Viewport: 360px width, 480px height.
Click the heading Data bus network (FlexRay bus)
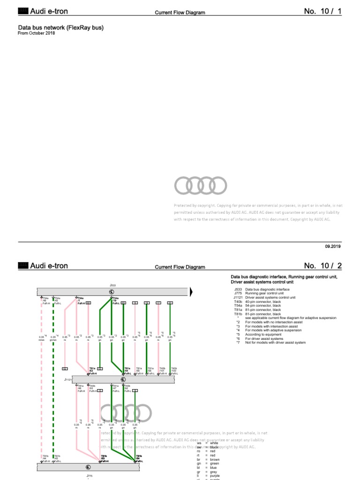tap(60, 28)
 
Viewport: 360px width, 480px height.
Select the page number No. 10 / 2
tap(323, 266)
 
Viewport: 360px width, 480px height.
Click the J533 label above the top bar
tap(112, 285)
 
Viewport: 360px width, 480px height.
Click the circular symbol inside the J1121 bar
tap(123, 379)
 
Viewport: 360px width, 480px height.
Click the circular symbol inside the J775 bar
tap(88, 467)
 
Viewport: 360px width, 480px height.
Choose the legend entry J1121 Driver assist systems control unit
tap(266, 298)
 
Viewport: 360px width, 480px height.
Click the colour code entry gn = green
tap(208, 463)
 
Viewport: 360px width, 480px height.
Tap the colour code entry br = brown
tap(208, 459)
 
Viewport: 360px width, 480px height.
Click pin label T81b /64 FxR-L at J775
tap(139, 458)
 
